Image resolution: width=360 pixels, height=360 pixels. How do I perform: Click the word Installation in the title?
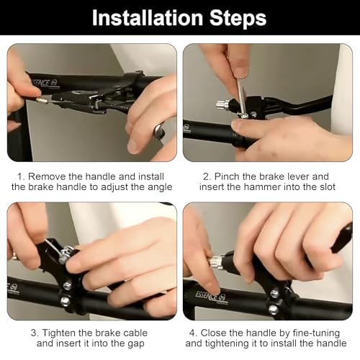[148, 18]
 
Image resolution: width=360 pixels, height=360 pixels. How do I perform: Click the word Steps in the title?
[238, 19]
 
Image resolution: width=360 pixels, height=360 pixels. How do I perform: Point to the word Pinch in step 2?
[227, 176]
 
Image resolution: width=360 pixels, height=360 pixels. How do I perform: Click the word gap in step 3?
[135, 344]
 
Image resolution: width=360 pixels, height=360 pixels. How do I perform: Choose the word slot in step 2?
[328, 186]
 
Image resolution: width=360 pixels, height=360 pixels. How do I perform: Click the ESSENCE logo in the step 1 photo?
[45, 83]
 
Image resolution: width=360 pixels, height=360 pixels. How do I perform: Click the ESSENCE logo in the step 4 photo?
[210, 296]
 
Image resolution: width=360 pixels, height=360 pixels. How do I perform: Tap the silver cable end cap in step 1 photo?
[41, 100]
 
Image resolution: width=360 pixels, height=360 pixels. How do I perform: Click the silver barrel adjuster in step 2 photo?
[222, 104]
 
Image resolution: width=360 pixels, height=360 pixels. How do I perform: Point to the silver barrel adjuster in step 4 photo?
[215, 262]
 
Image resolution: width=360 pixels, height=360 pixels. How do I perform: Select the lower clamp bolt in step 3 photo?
[65, 300]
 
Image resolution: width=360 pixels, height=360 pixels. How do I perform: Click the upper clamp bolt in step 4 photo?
[274, 293]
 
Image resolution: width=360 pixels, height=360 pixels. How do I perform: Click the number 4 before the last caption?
[192, 333]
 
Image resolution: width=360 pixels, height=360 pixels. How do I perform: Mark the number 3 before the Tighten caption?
[34, 333]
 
